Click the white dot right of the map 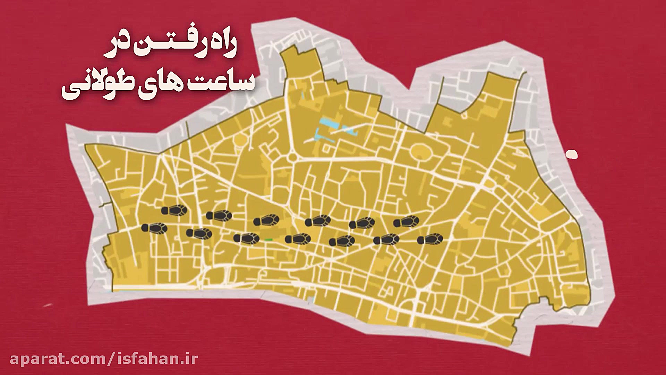[x=571, y=154]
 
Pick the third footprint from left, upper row [x=266, y=220]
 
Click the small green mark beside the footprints [x=268, y=240]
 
